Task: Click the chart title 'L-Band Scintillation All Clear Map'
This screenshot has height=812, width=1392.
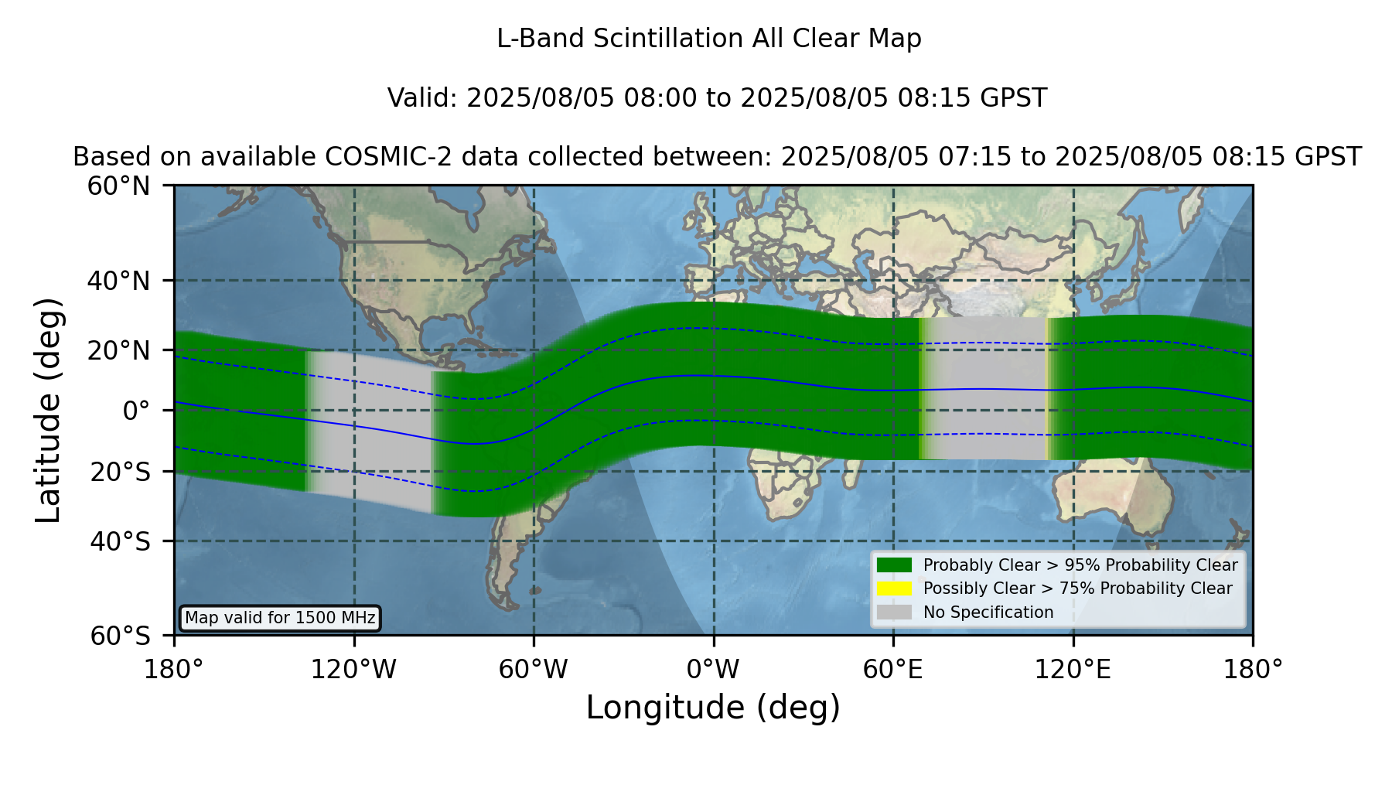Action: click(x=709, y=39)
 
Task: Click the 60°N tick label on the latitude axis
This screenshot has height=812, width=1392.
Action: click(x=118, y=186)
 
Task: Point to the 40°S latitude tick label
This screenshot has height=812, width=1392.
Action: click(x=120, y=541)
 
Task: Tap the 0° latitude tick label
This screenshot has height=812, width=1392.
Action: click(x=136, y=411)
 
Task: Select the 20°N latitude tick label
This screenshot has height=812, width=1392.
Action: click(x=118, y=350)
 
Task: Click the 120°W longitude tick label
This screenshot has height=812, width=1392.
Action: click(x=353, y=669)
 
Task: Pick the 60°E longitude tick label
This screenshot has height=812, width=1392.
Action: click(x=893, y=669)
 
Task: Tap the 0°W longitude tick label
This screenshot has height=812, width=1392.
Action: click(x=713, y=669)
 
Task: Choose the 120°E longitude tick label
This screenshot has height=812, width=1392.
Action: click(x=1073, y=669)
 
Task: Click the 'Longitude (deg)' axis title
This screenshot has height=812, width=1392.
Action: click(x=713, y=708)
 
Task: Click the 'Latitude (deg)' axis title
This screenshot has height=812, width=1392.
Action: click(x=48, y=410)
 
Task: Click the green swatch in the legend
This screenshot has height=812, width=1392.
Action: click(x=895, y=565)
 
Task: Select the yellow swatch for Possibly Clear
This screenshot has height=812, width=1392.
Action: click(x=895, y=589)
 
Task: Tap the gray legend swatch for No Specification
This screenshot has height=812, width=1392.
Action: click(x=895, y=612)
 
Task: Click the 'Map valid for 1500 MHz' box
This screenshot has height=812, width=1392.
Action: click(x=280, y=618)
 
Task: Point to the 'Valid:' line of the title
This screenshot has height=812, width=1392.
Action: click(x=717, y=98)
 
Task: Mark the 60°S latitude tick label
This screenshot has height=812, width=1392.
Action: click(x=120, y=636)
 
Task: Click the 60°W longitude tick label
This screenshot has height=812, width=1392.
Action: click(x=534, y=669)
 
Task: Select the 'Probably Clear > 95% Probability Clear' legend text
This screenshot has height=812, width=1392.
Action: click(x=1080, y=565)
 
